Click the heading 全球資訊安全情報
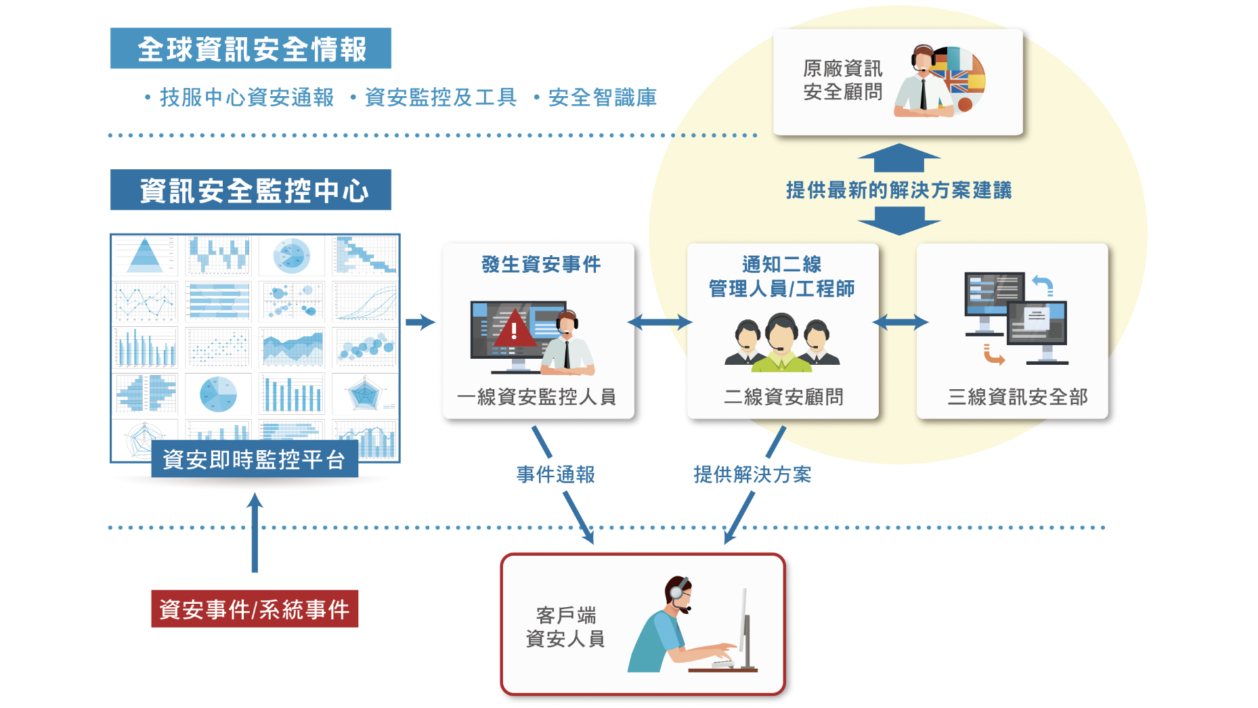(x=251, y=49)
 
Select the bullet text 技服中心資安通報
(x=246, y=97)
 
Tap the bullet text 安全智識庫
(x=602, y=97)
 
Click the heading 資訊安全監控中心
(x=251, y=190)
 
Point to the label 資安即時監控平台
(x=254, y=460)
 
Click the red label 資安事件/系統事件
(x=254, y=609)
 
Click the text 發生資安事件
(x=540, y=264)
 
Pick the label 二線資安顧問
(x=783, y=397)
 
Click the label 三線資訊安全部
(x=1017, y=397)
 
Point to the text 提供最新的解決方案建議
(x=898, y=190)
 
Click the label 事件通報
(x=555, y=474)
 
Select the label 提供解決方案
(x=752, y=474)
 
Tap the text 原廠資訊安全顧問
(x=842, y=80)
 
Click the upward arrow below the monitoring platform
(x=255, y=531)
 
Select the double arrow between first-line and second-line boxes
(x=660, y=322)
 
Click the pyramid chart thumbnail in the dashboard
(x=145, y=256)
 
